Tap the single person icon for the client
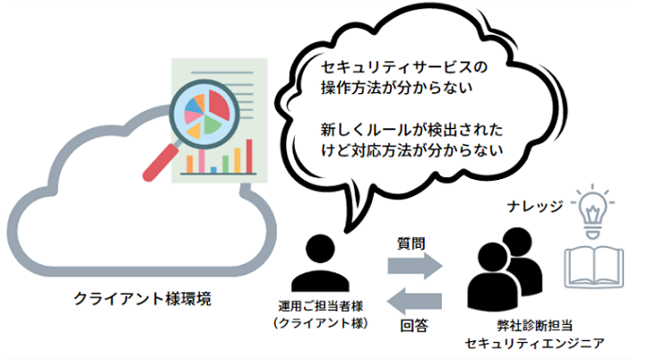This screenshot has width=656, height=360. (323, 261)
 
